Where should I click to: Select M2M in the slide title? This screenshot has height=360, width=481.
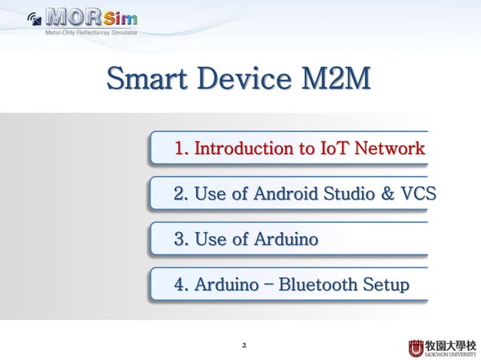(335, 79)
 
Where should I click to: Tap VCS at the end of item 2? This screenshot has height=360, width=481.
(418, 194)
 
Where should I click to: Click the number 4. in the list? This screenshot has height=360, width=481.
(181, 285)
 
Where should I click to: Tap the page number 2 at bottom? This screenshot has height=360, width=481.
(244, 346)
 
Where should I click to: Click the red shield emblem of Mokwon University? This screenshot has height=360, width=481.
(416, 347)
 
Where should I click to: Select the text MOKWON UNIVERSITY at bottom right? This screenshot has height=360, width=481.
(452, 353)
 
